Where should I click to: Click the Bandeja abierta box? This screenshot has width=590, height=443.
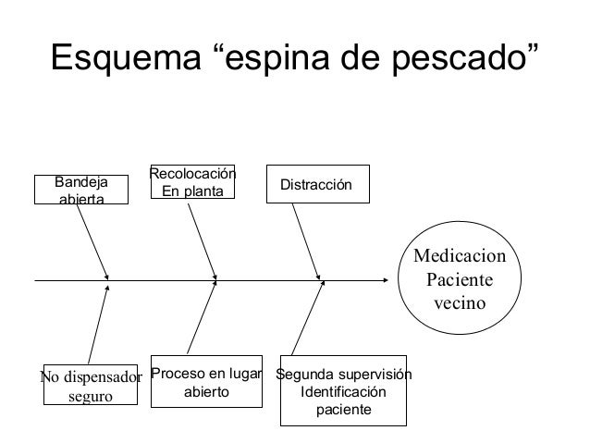tap(81, 190)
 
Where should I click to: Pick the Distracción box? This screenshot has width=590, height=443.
tap(317, 185)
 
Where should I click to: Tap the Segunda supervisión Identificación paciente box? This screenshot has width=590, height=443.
tap(344, 391)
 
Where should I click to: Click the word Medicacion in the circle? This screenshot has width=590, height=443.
tap(461, 255)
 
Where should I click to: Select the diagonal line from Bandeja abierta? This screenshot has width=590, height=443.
tap(94, 242)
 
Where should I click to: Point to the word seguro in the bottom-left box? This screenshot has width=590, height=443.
tap(91, 396)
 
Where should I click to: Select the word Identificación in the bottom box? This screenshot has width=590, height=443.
tap(344, 392)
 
